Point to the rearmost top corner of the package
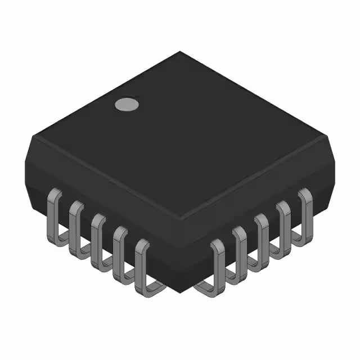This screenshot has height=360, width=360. [180, 52]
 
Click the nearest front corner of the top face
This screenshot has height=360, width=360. [180, 217]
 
